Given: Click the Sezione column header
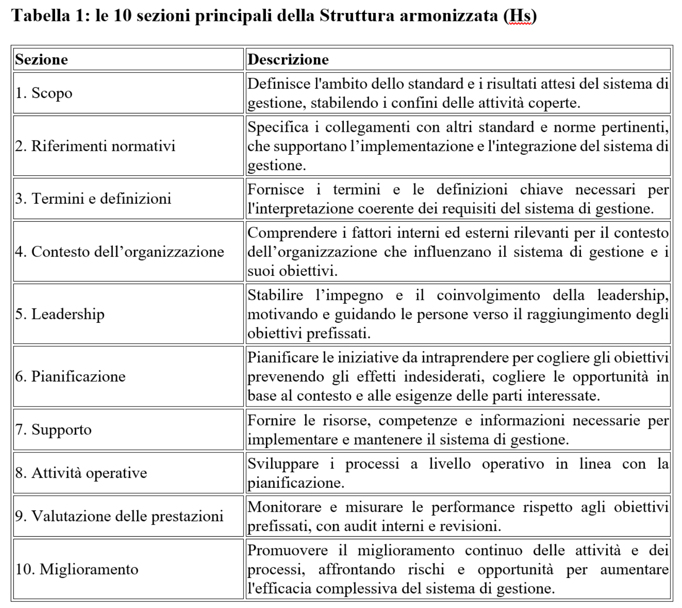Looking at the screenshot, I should [42, 59].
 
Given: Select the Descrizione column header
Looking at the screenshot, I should [288, 59].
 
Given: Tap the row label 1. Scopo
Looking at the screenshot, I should [44, 93].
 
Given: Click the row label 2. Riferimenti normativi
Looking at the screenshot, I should [95, 146].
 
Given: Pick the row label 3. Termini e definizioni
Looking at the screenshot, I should [93, 199].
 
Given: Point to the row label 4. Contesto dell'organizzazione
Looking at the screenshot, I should [119, 251].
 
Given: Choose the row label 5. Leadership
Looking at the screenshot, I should [60, 314].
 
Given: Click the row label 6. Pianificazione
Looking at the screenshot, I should [70, 376].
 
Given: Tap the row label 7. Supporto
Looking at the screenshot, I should [53, 430].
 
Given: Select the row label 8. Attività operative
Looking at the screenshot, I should [81, 473].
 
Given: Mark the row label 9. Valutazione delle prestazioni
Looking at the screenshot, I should [119, 516].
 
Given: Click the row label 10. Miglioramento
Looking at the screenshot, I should [77, 569].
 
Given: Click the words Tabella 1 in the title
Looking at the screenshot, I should [49, 16].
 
